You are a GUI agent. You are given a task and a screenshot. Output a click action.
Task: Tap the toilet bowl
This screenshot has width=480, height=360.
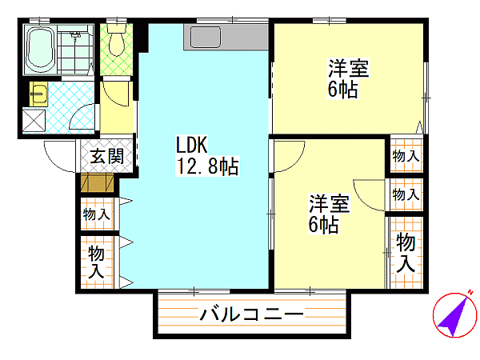pyautogui.click(x=118, y=43)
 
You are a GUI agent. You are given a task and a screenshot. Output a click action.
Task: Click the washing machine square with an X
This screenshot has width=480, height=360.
pyautogui.click(x=34, y=121)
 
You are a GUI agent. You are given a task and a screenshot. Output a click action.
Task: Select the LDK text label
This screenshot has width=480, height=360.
pyautogui.click(x=192, y=146)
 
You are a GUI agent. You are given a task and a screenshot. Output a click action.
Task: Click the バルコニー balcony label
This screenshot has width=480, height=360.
pyautogui.click(x=250, y=314)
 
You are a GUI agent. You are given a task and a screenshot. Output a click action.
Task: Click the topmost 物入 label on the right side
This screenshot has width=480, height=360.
pyautogui.click(x=406, y=156)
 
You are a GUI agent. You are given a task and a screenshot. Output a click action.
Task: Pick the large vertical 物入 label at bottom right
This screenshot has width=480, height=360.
pyautogui.click(x=406, y=252)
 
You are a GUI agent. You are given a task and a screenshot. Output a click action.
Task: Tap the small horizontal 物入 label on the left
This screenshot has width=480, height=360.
pyautogui.click(x=96, y=214)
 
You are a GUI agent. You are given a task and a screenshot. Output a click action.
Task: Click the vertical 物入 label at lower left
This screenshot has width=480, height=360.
pyautogui.click(x=97, y=262)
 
